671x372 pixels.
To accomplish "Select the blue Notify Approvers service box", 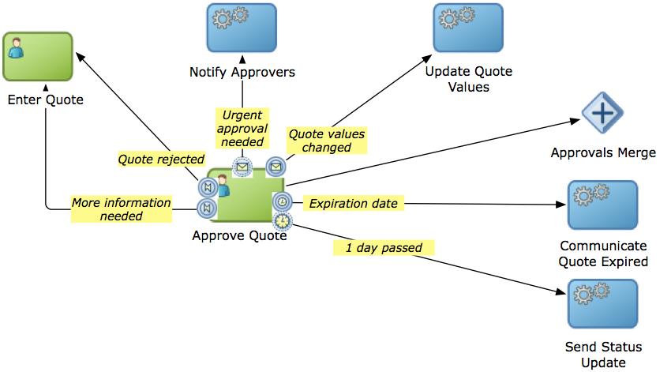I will (242, 28).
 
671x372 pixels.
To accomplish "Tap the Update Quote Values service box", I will (468, 28).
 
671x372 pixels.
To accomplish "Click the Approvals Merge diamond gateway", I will (602, 114).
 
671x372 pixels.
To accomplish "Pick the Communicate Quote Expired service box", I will (602, 205).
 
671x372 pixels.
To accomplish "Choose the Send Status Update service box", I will (602, 303).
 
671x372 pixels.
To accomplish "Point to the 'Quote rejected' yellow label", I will (161, 159).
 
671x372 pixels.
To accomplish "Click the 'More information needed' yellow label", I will (121, 209).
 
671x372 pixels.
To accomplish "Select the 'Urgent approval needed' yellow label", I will (242, 129).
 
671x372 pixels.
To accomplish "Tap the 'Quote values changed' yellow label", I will (326, 140).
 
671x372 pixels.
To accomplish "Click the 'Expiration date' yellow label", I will (353, 204).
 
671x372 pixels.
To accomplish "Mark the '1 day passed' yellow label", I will (384, 248).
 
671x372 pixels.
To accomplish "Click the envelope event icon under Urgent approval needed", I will (242, 167).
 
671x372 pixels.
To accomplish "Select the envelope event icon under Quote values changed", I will (276, 167).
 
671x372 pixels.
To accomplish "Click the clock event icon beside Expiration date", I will (282, 202).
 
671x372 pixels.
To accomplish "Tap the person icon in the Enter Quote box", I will (14, 47).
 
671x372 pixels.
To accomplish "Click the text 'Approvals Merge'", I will (603, 152).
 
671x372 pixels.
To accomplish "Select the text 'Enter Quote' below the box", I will (45, 100).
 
